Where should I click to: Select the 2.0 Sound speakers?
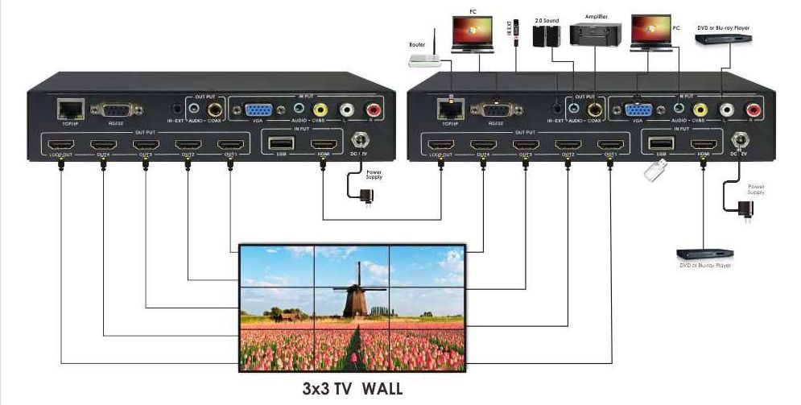tap(547, 36)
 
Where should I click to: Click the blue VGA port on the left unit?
tap(258, 110)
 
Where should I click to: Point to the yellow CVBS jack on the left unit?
tap(320, 110)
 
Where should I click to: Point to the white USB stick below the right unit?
tap(655, 170)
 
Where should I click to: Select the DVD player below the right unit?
tap(703, 254)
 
